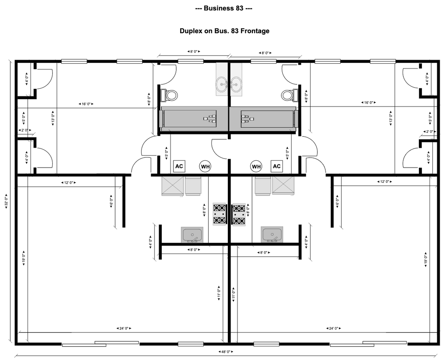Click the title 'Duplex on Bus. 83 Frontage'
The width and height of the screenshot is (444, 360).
[224, 31]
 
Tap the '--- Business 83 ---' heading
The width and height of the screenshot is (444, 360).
[223, 8]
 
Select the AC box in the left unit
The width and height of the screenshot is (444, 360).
[179, 166]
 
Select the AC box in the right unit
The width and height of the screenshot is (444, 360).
[277, 166]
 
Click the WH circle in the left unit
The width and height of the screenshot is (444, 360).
[205, 166]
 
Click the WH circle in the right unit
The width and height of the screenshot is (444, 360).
[256, 166]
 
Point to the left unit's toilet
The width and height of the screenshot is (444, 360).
[170, 95]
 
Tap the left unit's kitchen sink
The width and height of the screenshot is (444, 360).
[193, 235]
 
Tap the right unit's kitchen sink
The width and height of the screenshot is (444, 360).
[272, 235]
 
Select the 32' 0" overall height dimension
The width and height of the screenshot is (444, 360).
[7, 203]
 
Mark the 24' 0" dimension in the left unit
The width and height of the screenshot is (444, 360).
[124, 328]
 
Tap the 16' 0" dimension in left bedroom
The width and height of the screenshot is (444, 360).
[86, 104]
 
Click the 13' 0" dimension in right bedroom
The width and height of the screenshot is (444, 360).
[391, 119]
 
